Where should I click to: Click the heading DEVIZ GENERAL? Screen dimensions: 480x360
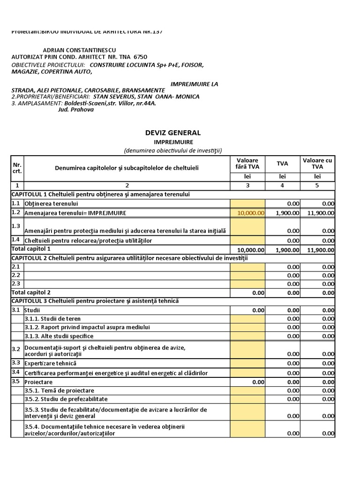pyautogui.click(x=173, y=133)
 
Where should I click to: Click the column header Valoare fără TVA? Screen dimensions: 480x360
pyautogui.click(x=247, y=163)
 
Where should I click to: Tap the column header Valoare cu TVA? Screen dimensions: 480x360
pyautogui.click(x=317, y=163)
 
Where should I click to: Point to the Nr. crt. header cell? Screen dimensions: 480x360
pyautogui.click(x=17, y=168)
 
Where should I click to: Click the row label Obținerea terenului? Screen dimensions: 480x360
pyautogui.click(x=51, y=204)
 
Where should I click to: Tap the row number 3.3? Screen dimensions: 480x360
pyautogui.click(x=16, y=363)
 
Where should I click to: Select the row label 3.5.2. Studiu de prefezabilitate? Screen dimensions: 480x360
pyautogui.click(x=66, y=399)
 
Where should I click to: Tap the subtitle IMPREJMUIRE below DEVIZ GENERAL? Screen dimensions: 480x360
pyautogui.click(x=173, y=142)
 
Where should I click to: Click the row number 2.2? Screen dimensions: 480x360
pyautogui.click(x=16, y=275)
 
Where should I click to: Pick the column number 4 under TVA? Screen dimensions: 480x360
pyautogui.click(x=282, y=185)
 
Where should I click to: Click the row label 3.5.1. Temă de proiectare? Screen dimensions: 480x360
pyautogui.click(x=60, y=390)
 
